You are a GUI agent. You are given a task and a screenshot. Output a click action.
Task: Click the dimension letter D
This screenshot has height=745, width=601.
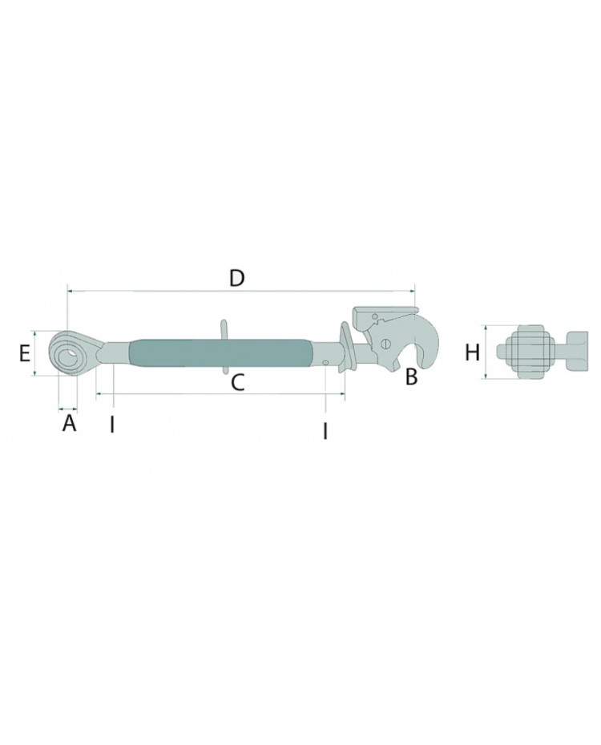(236, 278)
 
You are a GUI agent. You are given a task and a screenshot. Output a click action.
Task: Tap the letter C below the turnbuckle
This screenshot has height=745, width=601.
(237, 382)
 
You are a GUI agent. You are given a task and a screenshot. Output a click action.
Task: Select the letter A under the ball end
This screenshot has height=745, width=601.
(70, 422)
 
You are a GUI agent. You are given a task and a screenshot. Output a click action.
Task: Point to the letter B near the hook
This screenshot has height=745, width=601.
(411, 377)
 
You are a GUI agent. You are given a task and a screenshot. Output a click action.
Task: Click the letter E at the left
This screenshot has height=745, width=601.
(25, 353)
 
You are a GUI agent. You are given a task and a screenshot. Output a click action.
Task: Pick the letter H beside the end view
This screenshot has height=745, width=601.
(472, 353)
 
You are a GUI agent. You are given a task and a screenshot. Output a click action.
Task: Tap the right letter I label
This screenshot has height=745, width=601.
(325, 431)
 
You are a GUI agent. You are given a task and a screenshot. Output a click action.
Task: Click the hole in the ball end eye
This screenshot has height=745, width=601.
(71, 355)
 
